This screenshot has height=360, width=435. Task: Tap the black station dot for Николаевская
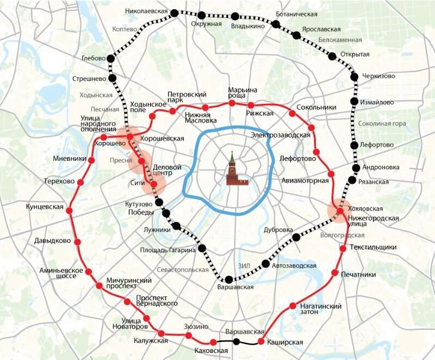pos(174,13)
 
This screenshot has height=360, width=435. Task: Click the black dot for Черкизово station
pos(355,77)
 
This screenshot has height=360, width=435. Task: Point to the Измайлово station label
pos(377,102)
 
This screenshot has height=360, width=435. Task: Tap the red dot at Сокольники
pos(293,114)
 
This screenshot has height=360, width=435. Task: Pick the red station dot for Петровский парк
pos(172,111)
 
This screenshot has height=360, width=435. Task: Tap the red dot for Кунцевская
pos(69,210)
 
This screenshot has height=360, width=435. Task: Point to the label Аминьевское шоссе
pos(61,274)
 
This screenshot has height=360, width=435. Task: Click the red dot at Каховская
pos(213,342)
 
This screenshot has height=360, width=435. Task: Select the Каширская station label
pos(285,342)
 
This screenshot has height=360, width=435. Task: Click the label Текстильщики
pos(373,247)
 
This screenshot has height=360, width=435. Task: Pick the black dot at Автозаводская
pos(265,264)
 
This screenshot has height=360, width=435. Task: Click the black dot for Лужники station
pos(176,224)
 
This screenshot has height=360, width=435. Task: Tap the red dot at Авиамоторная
pos(331,174)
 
